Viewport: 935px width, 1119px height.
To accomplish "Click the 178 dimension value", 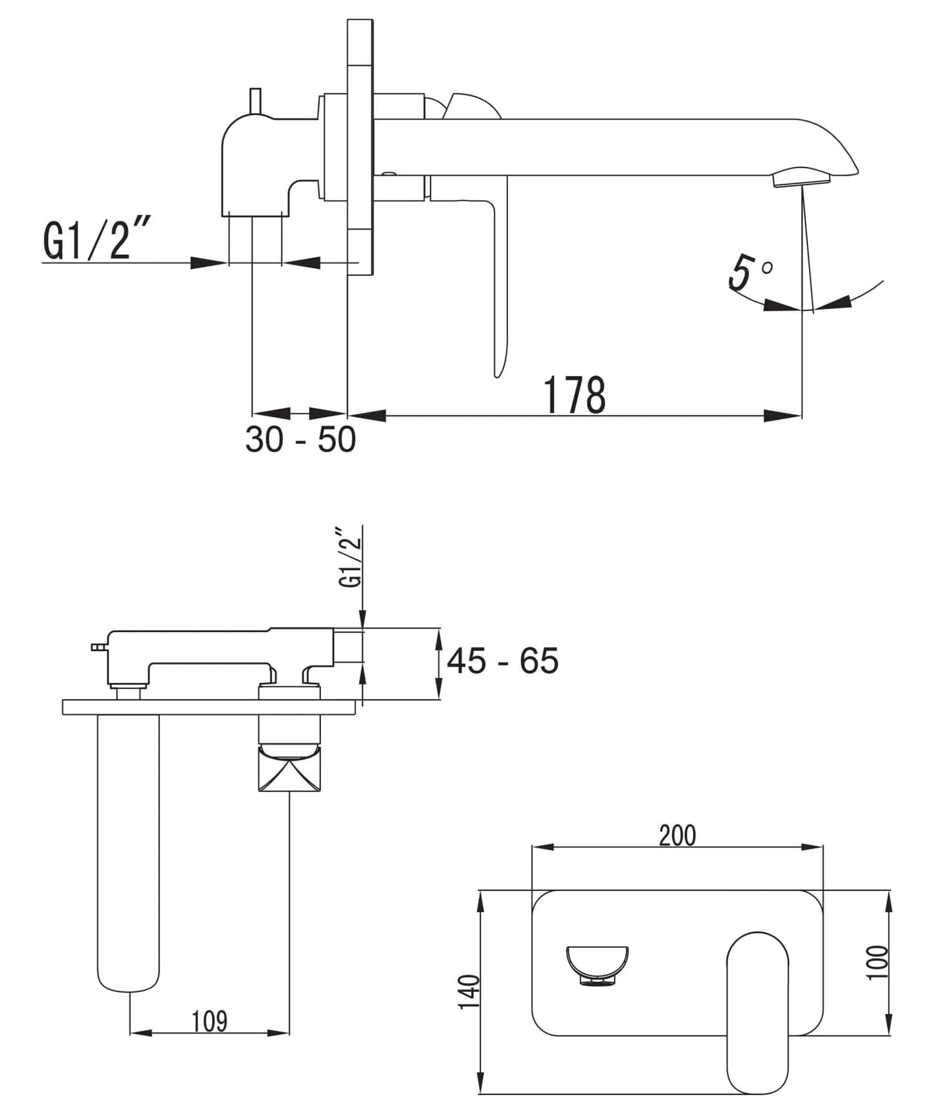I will tap(574, 395).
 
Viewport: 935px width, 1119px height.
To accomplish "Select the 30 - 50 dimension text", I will tap(300, 439).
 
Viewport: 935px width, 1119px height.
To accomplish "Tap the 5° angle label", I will tap(749, 272).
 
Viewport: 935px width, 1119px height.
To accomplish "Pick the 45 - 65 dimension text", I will tap(502, 661).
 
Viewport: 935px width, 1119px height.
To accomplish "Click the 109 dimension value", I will tap(209, 1021).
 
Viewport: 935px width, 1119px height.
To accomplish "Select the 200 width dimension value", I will tap(677, 836).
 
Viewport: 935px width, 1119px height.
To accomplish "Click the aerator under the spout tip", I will tap(802, 179).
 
